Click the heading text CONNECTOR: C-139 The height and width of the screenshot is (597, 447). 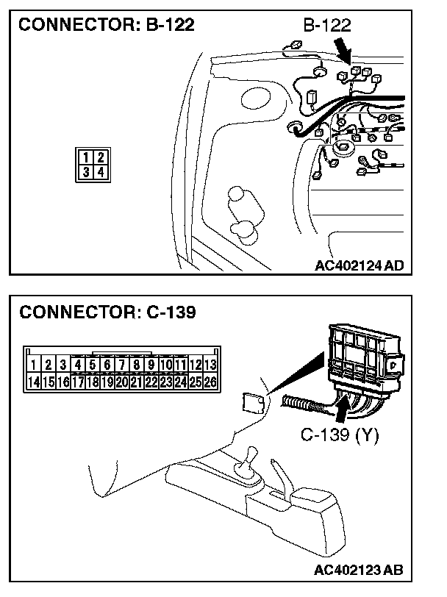pyautogui.click(x=107, y=312)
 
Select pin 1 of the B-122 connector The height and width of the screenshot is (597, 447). pyautogui.click(x=87, y=157)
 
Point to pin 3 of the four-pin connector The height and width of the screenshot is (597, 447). pyautogui.click(x=87, y=172)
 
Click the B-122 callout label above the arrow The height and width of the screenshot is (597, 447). pyautogui.click(x=326, y=25)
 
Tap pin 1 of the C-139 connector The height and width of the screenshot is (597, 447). pyautogui.click(x=33, y=364)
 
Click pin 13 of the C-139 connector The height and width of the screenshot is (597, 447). pyautogui.click(x=210, y=364)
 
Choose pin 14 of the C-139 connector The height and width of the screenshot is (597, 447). pyautogui.click(x=33, y=382)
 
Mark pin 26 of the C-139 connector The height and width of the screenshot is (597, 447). pyautogui.click(x=210, y=382)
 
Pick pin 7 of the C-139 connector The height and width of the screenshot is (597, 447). pyautogui.click(x=121, y=364)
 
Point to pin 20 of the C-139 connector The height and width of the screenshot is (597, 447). pyautogui.click(x=121, y=382)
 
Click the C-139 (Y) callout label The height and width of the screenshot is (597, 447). pyautogui.click(x=340, y=435)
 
